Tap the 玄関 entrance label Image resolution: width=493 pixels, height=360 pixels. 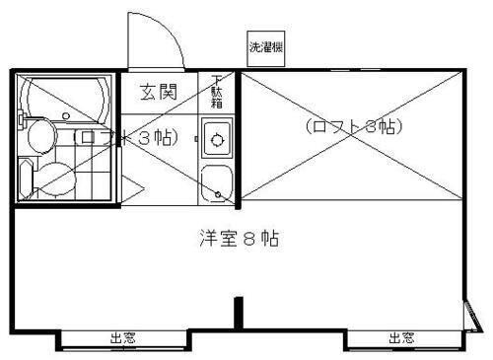pyautogui.click(x=158, y=93)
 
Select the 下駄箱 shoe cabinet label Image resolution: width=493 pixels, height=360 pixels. pyautogui.click(x=217, y=91)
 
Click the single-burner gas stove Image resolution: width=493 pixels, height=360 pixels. pyautogui.click(x=217, y=137)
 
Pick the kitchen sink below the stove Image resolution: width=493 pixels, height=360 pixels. pyautogui.click(x=216, y=181)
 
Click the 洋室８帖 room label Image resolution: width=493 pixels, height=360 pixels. pyautogui.click(x=236, y=238)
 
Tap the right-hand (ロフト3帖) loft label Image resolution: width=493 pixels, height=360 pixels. pyautogui.click(x=355, y=126)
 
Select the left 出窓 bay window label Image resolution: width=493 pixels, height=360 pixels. pyautogui.click(x=123, y=338)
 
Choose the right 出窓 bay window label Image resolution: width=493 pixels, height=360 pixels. pyautogui.click(x=400, y=338)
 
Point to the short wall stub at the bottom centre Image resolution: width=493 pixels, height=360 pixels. pyautogui.click(x=238, y=313)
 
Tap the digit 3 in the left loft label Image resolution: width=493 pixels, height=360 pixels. pyautogui.click(x=144, y=138)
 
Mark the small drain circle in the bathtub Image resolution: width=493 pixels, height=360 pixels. pyautogui.click(x=65, y=116)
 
